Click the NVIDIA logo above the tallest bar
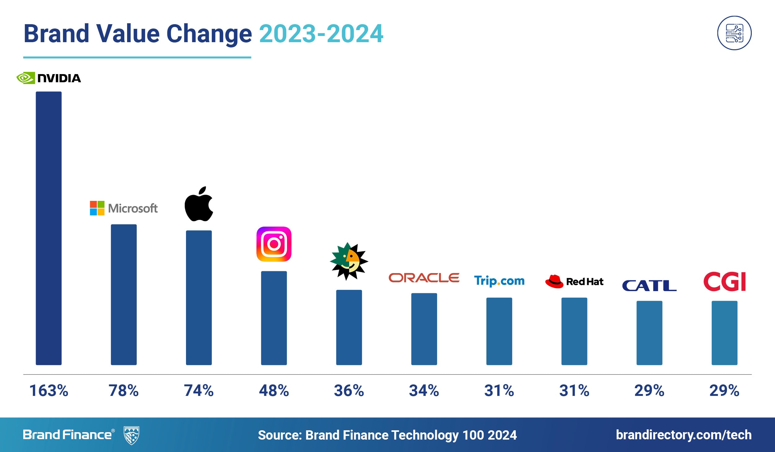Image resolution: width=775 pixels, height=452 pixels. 49,78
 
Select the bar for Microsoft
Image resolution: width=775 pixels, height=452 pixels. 124,295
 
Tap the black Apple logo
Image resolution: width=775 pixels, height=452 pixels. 199,204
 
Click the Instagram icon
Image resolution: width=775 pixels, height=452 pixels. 274,244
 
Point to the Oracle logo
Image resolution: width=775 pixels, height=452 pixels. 424,278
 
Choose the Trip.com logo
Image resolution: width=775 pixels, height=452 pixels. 499,281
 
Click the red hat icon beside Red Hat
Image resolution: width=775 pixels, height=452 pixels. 554,281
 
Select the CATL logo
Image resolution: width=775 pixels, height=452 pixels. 649,286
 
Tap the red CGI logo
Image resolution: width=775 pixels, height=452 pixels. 724,281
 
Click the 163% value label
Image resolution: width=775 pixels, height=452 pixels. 49,391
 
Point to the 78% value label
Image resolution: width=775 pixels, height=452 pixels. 124,391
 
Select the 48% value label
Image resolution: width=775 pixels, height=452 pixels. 274,391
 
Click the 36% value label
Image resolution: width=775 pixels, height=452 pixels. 349,391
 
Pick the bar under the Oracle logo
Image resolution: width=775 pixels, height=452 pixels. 424,329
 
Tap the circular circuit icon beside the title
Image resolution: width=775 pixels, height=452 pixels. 734,33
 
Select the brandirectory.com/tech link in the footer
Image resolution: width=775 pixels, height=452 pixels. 684,435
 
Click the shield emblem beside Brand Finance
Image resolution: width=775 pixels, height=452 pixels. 131,435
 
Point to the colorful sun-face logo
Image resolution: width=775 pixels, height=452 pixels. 349,261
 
